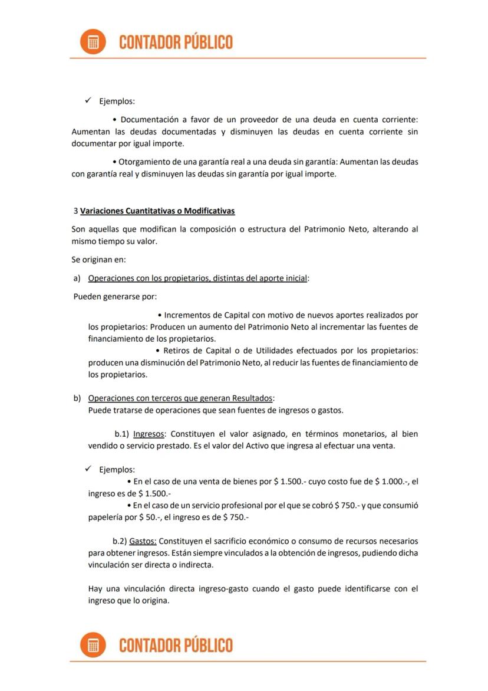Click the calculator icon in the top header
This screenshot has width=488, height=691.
[93, 42]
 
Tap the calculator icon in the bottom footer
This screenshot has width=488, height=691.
[93, 644]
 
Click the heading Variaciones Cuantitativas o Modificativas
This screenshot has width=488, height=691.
[157, 211]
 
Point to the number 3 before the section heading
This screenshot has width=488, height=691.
[75, 211]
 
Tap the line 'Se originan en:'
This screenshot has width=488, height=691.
[98, 259]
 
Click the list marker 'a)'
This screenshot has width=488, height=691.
[77, 278]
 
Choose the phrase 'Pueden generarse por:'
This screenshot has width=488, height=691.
[115, 296]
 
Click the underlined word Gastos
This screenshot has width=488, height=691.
[143, 541]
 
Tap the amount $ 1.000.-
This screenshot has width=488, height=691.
[391, 482]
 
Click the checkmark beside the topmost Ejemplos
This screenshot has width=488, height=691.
[88, 101]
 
